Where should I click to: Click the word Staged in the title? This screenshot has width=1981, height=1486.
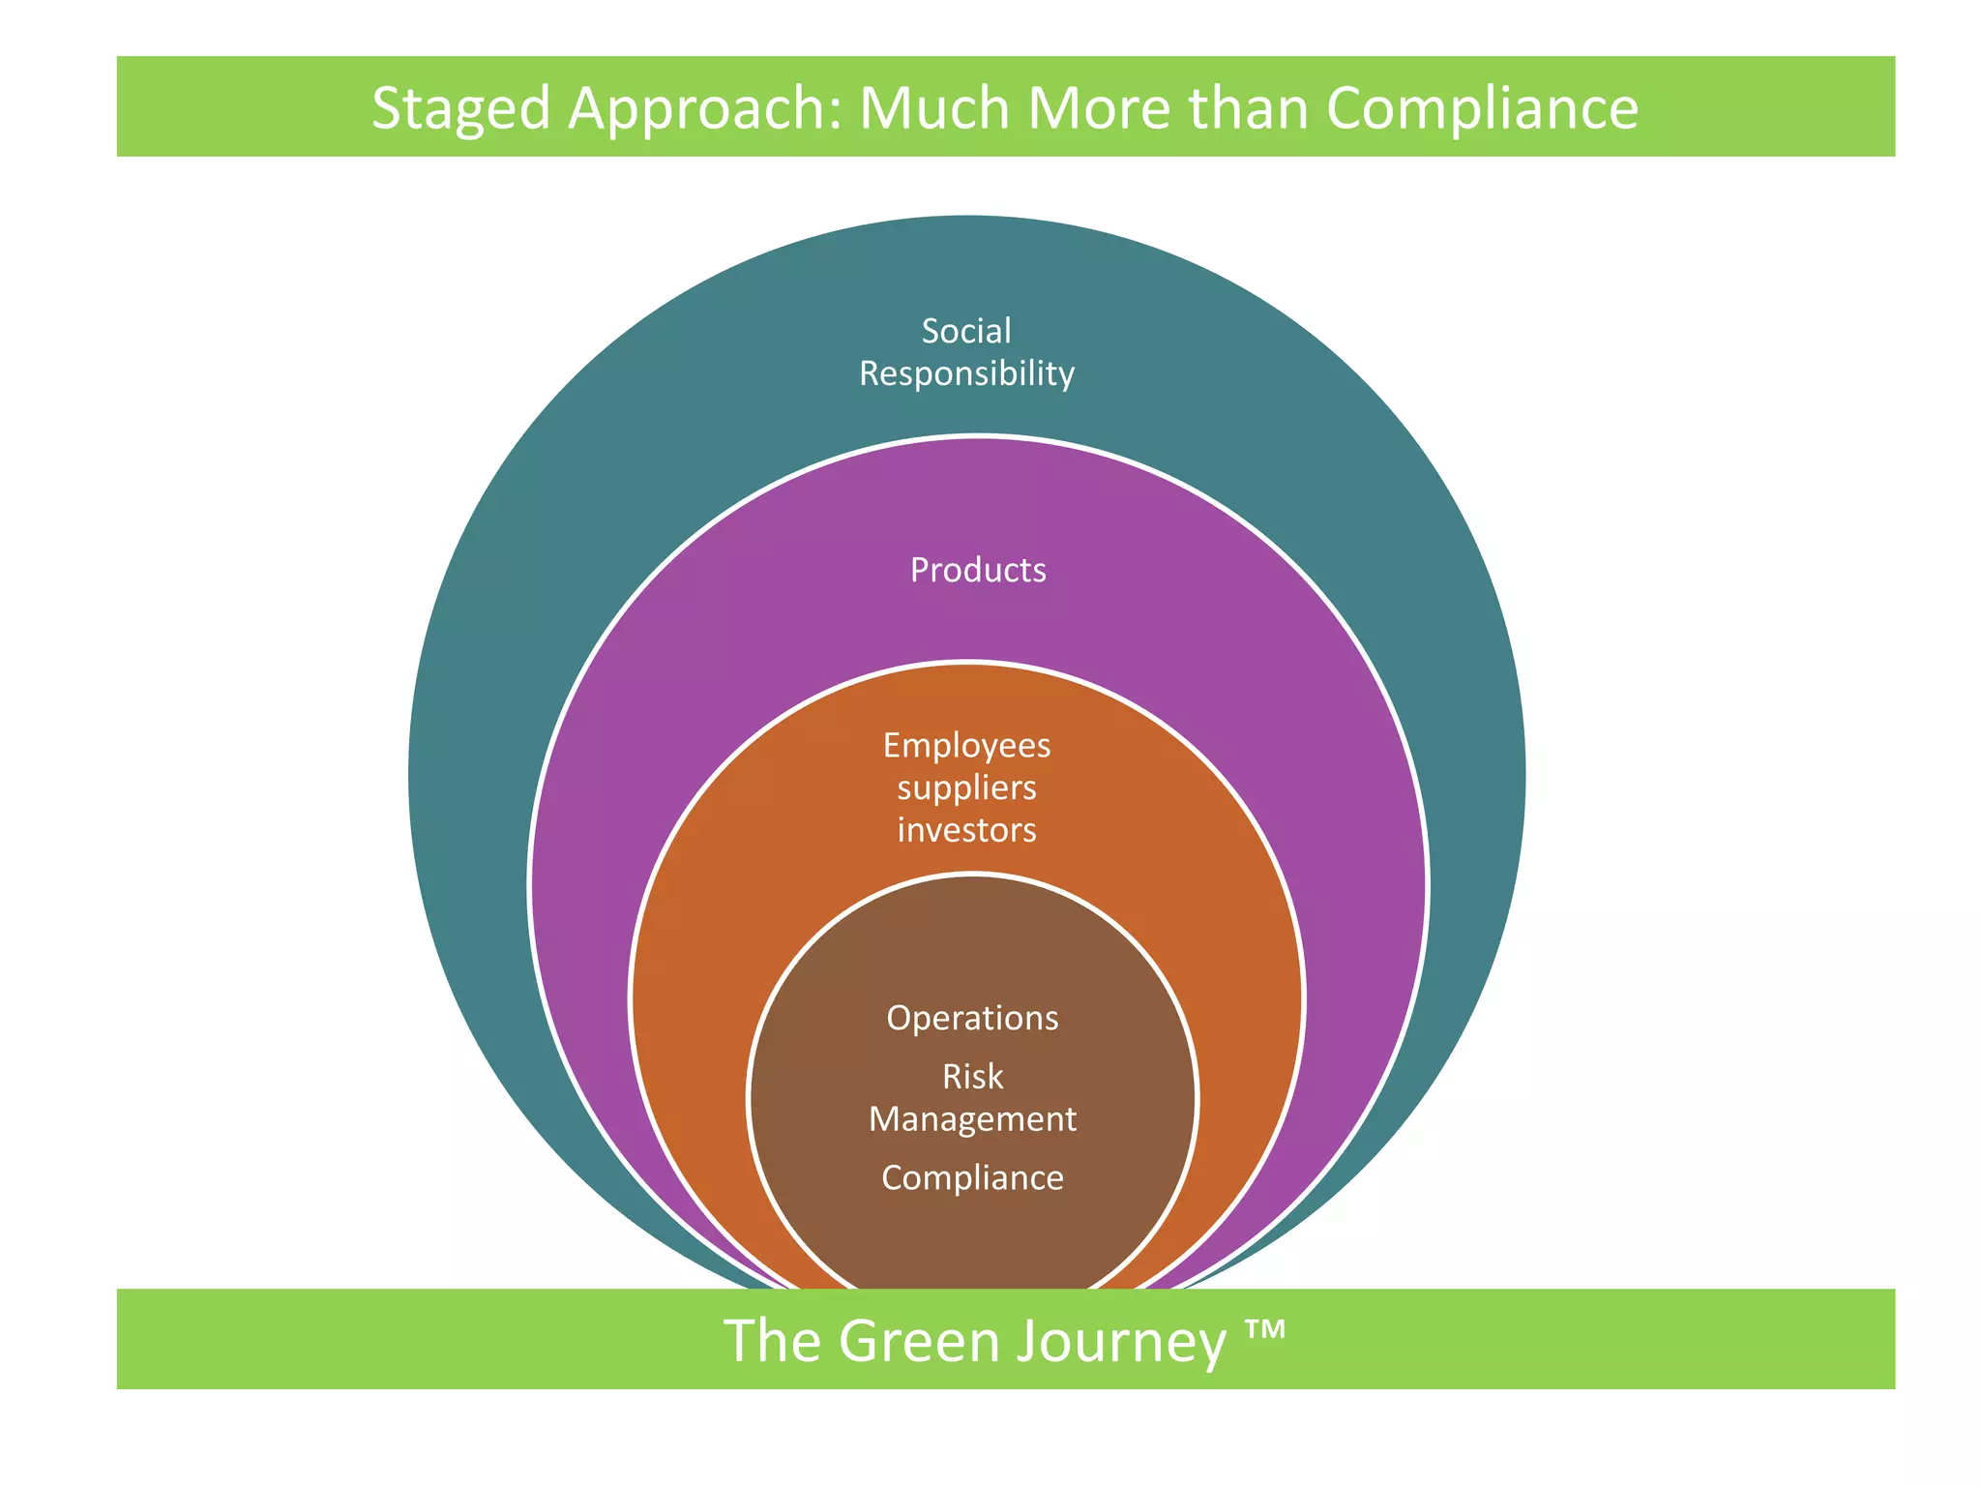click(x=460, y=108)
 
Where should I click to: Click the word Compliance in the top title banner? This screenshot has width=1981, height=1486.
click(x=1482, y=108)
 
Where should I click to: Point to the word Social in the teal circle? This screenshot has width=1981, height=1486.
click(x=966, y=331)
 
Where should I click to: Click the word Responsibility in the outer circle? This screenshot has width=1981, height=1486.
click(x=966, y=373)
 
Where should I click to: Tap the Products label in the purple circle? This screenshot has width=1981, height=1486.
click(x=978, y=570)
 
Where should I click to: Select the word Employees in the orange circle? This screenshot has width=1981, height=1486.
click(x=966, y=745)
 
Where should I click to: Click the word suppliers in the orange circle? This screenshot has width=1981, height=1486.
click(x=966, y=788)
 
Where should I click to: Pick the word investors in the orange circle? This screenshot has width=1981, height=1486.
click(x=966, y=830)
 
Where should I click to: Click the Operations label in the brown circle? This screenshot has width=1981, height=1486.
click(x=972, y=1018)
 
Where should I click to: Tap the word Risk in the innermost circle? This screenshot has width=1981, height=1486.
click(x=972, y=1076)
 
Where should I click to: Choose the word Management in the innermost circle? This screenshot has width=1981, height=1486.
click(x=972, y=1118)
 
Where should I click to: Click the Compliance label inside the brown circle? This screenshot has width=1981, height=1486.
click(x=972, y=1177)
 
